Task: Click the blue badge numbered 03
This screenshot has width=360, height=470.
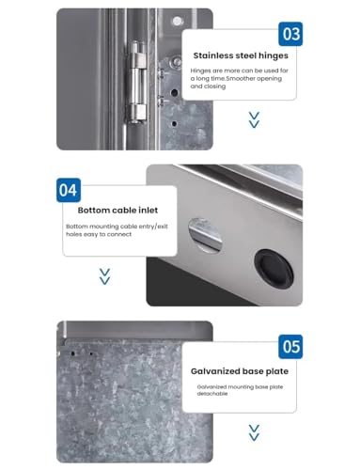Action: [290, 35]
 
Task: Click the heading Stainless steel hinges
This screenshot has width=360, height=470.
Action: [241, 55]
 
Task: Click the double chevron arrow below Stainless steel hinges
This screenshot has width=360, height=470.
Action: [253, 119]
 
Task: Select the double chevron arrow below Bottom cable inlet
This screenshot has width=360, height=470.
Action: [104, 275]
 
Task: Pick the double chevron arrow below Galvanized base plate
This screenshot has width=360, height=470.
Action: [253, 431]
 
